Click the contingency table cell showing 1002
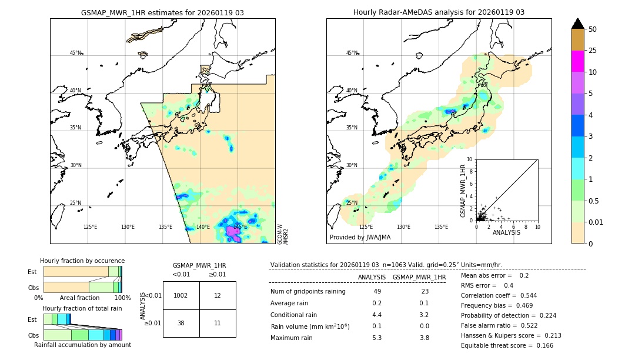click(x=181, y=295)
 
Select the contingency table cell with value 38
click(x=181, y=323)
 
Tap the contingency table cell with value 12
click(x=218, y=295)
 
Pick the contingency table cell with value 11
click(x=218, y=323)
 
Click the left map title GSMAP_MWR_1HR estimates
click(x=162, y=12)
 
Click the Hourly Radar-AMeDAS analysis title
click(x=439, y=12)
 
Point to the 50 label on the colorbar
click(x=593, y=29)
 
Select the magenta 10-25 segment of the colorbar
click(x=577, y=61)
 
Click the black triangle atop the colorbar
click(x=577, y=24)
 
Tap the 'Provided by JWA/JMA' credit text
click(x=360, y=237)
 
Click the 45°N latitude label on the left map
click(x=75, y=53)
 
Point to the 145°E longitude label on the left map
click(x=240, y=227)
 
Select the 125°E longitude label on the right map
click(x=366, y=227)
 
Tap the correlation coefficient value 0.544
click(x=524, y=295)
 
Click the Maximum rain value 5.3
click(x=377, y=338)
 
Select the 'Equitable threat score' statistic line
click(x=507, y=345)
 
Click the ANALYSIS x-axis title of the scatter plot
click(x=506, y=233)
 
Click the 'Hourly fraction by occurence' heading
click(x=82, y=261)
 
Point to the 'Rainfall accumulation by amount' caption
click(x=82, y=345)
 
